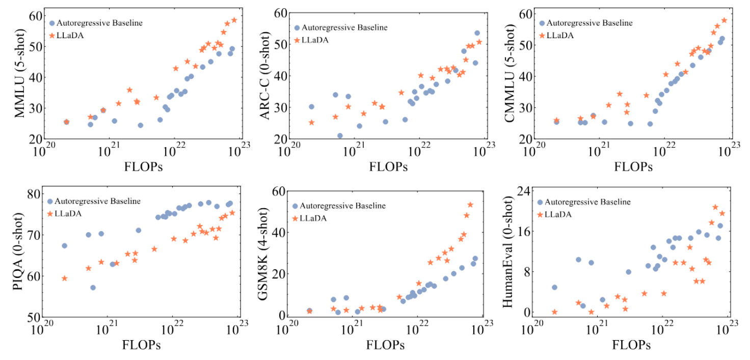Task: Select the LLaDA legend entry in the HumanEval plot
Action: pyautogui.click(x=558, y=214)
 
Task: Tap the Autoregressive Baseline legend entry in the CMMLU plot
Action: pyautogui.click(x=585, y=23)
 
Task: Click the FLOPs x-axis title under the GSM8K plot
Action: pyautogui.click(x=386, y=345)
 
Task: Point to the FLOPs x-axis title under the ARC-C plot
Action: pyautogui.click(x=388, y=167)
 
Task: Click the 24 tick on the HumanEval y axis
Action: pyautogui.click(x=524, y=190)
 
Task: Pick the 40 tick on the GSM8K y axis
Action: pyautogui.click(x=279, y=233)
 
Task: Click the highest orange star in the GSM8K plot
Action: pyautogui.click(x=470, y=205)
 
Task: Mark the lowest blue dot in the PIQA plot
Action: pyautogui.click(x=93, y=288)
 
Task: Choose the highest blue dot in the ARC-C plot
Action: pyautogui.click(x=477, y=33)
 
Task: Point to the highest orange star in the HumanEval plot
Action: pyautogui.click(x=715, y=207)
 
